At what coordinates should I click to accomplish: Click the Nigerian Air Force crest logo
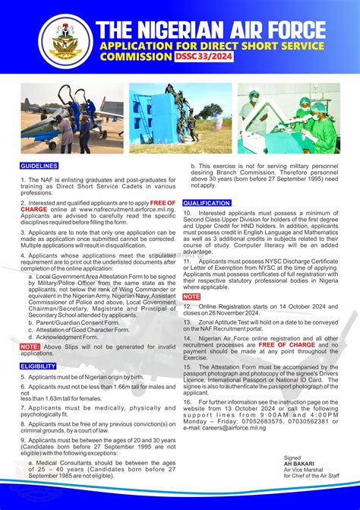coord(65,41)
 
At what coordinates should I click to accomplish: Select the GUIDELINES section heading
coord(39,165)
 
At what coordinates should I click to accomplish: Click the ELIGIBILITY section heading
coord(38,366)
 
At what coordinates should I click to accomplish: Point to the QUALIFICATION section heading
coord(207,203)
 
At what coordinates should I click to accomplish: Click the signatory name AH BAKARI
coord(298,464)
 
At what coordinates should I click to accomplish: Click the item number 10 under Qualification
coord(187,214)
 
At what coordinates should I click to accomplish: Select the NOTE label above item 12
coord(191,296)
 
